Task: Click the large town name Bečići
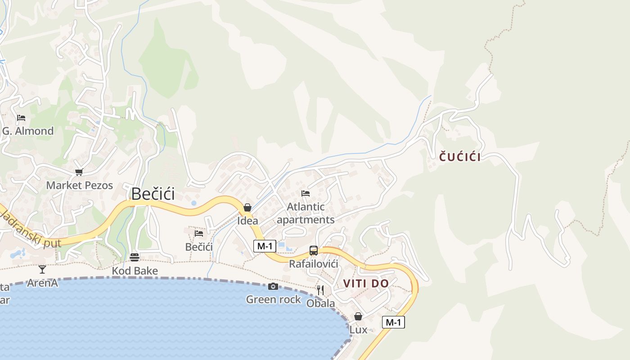tap(153, 194)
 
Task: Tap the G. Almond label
tap(28, 131)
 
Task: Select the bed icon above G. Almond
tap(21, 118)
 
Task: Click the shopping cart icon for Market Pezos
tap(79, 172)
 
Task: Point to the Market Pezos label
tap(80, 185)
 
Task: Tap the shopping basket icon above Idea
tap(247, 207)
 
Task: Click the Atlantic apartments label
tap(306, 213)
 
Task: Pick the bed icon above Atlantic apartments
tap(306, 193)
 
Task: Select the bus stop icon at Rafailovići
tap(314, 251)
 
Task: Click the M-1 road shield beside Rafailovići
tap(265, 246)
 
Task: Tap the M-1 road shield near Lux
tap(393, 322)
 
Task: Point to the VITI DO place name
tap(366, 283)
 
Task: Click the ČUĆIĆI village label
tap(460, 157)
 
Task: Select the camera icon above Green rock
tap(273, 287)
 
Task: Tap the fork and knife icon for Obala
tap(320, 290)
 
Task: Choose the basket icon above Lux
tap(358, 316)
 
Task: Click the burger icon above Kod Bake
tap(135, 257)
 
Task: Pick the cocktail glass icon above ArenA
tap(42, 270)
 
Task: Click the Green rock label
tap(273, 299)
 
